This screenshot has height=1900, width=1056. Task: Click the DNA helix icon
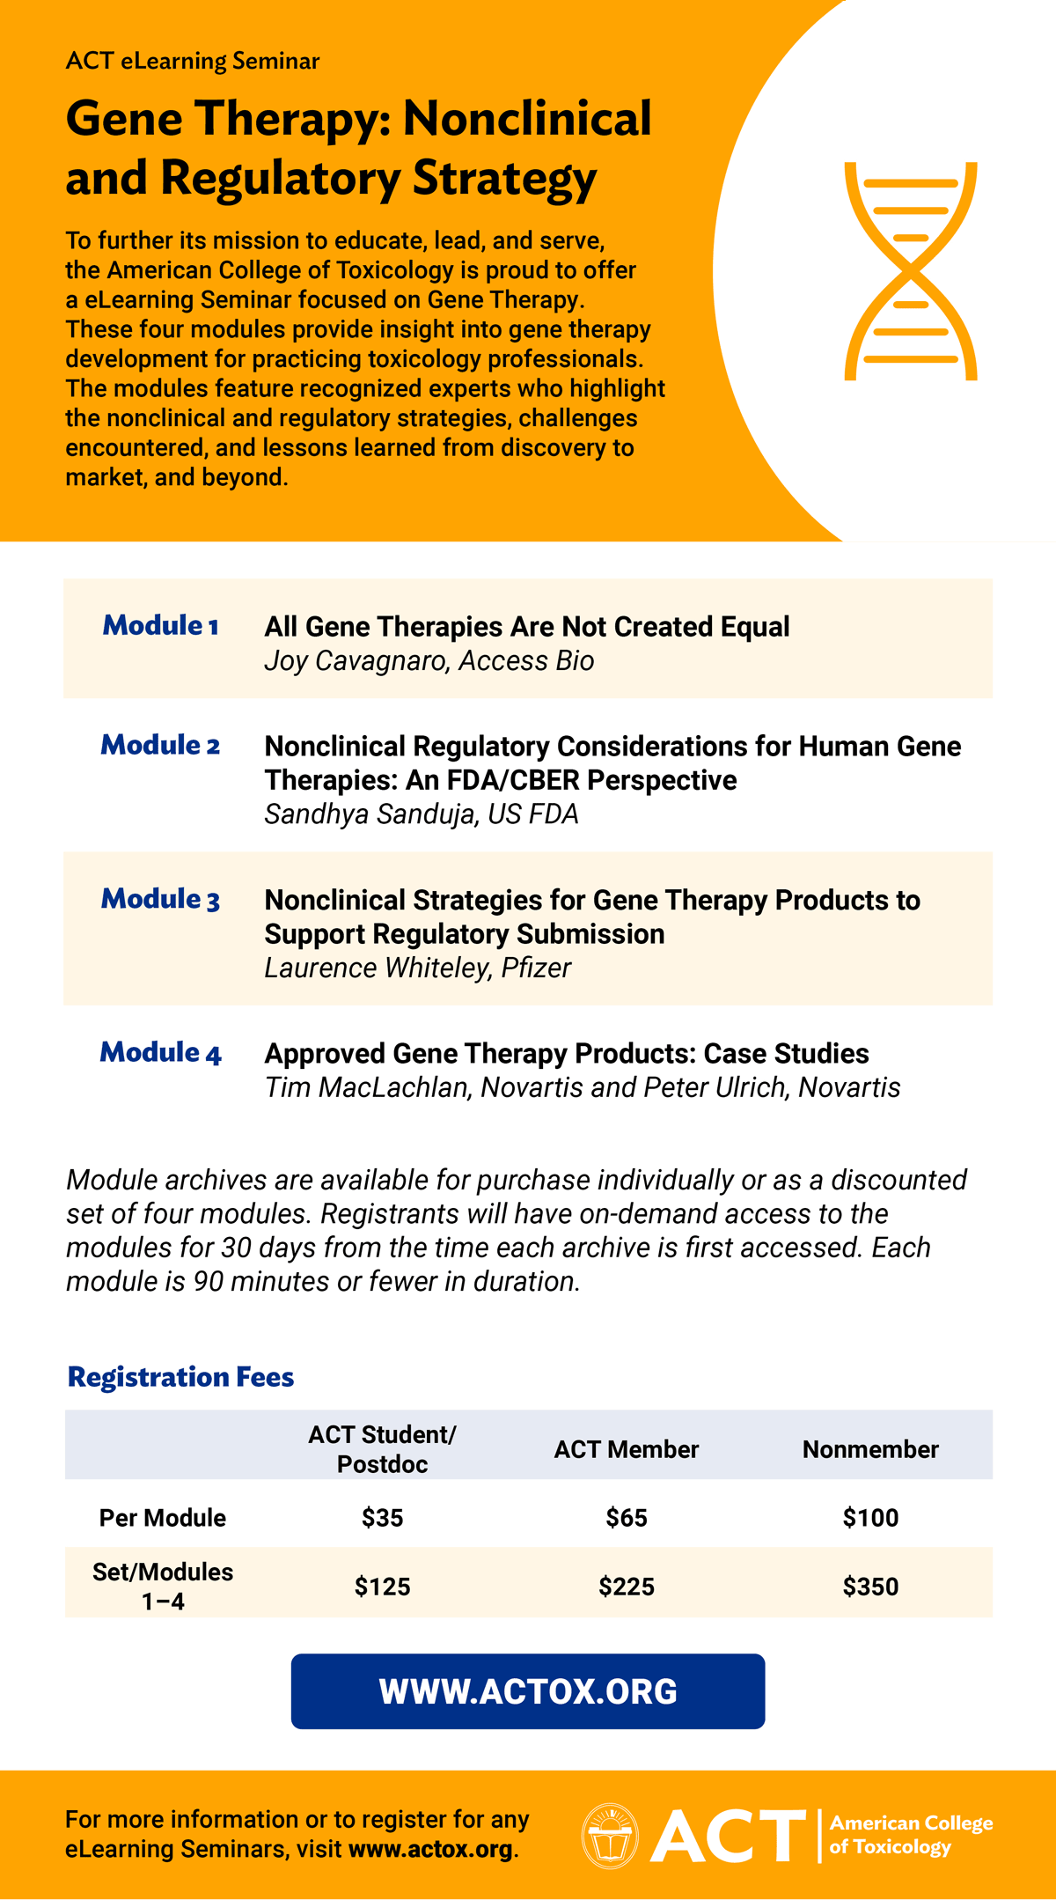[x=911, y=271]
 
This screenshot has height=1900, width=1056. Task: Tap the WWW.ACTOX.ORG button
[x=528, y=1691]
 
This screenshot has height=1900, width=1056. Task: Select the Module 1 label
[x=160, y=626]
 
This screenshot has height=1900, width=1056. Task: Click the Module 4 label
[x=160, y=1053]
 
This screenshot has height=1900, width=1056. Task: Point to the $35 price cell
[x=382, y=1518]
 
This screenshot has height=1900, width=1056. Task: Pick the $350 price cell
[x=870, y=1587]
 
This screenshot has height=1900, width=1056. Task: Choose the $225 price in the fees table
[x=627, y=1587]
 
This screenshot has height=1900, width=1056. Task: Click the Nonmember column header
[x=870, y=1449]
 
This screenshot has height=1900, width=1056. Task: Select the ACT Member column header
[x=626, y=1449]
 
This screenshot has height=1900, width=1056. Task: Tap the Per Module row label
[x=163, y=1518]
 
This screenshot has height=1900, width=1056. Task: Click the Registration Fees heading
[x=180, y=1377]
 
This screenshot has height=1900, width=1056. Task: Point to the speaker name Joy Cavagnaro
[x=356, y=661]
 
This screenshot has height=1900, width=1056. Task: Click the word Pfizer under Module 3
[x=536, y=968]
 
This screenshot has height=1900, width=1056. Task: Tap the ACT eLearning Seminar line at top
[x=193, y=61]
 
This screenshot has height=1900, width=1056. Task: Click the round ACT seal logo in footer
[x=610, y=1836]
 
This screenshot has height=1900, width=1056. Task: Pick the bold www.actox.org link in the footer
[x=430, y=1849]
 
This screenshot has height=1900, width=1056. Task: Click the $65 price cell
[x=627, y=1518]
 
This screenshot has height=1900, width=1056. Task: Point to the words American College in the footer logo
[x=911, y=1823]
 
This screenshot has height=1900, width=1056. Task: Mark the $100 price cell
[x=870, y=1518]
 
